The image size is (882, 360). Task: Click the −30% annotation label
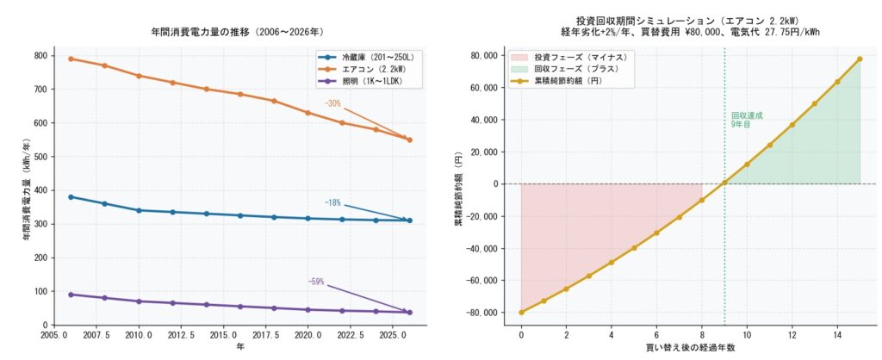point(332,103)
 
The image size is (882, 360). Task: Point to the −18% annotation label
point(332,203)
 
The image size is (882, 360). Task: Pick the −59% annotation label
point(316,282)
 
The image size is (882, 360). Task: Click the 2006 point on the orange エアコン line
point(71,59)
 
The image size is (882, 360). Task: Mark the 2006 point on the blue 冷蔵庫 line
point(71,197)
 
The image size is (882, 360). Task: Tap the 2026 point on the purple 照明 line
point(409,312)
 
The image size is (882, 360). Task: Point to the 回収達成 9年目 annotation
point(746,120)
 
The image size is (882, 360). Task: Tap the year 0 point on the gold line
point(521,312)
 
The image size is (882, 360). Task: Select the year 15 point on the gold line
point(860,59)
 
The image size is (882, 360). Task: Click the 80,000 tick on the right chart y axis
point(481,56)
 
